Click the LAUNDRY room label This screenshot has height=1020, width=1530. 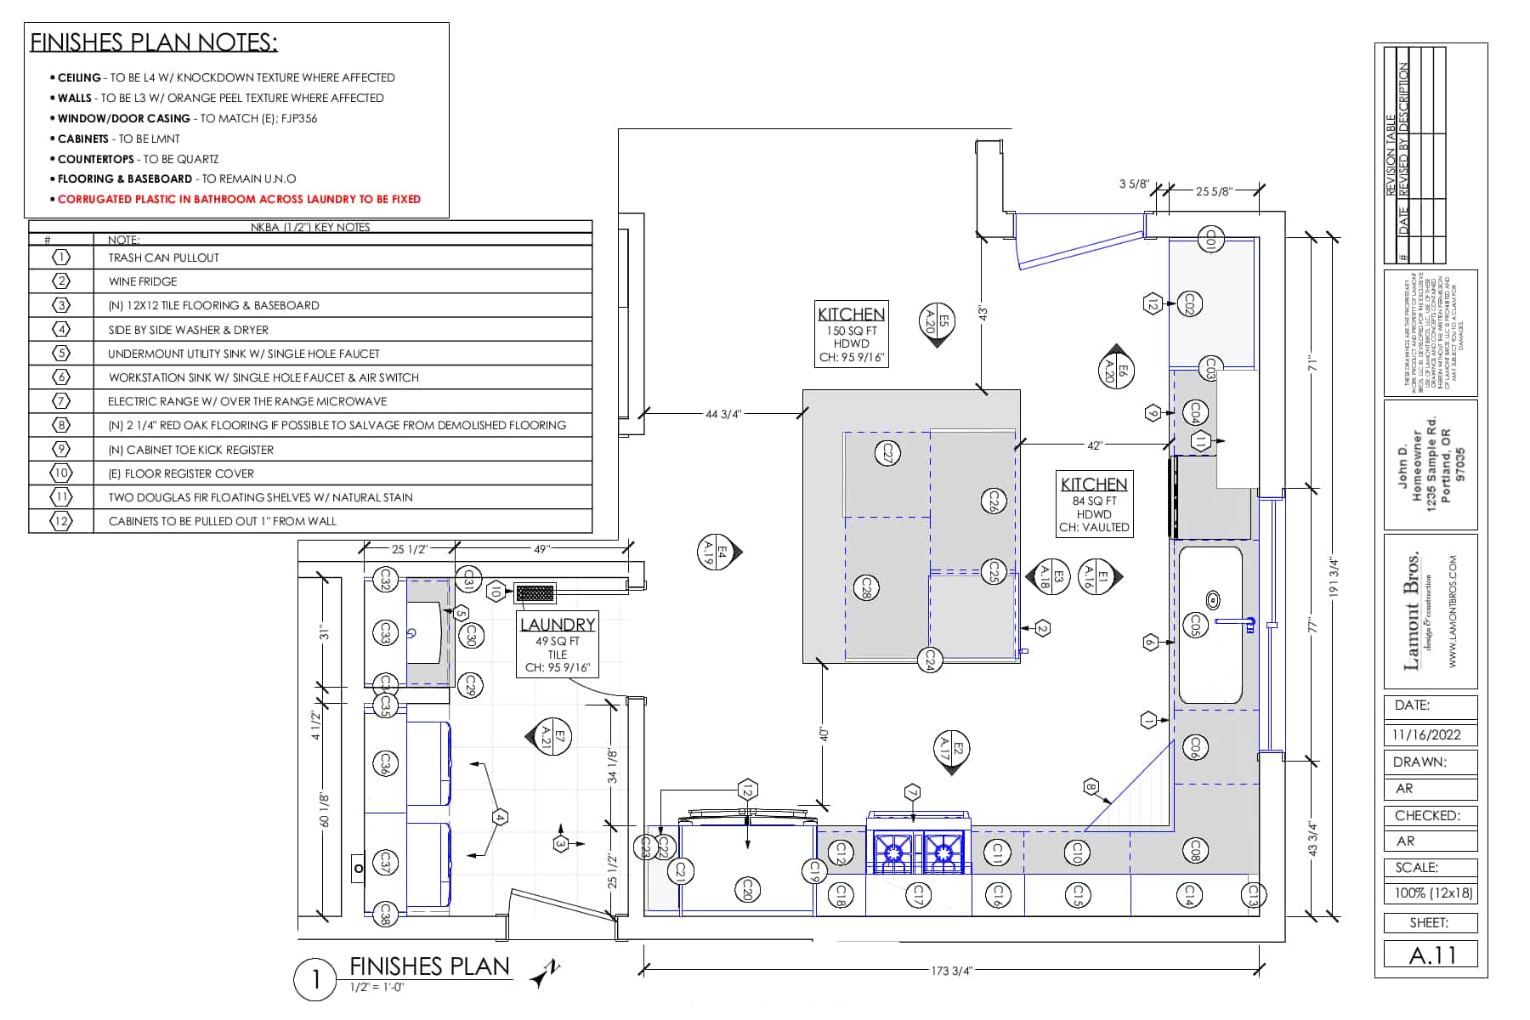pyautogui.click(x=558, y=624)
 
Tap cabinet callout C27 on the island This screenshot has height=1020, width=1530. pyautogui.click(x=887, y=452)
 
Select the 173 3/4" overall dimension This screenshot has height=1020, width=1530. pyautogui.click(x=950, y=971)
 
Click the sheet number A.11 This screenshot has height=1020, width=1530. pyautogui.click(x=1431, y=955)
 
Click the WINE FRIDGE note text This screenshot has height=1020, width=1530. pyautogui.click(x=143, y=281)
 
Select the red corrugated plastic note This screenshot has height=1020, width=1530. pyautogui.click(x=239, y=199)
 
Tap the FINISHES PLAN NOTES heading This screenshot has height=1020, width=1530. pyautogui.click(x=154, y=42)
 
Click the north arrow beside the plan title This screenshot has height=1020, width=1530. pyautogui.click(x=546, y=972)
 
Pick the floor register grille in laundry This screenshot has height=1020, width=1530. pyautogui.click(x=535, y=592)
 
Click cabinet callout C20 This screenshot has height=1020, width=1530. pyautogui.click(x=747, y=890)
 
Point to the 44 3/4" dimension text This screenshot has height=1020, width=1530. pyautogui.click(x=723, y=414)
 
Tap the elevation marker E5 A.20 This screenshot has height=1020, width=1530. pyautogui.click(x=937, y=322)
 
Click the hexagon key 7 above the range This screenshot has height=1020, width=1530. pyautogui.click(x=913, y=791)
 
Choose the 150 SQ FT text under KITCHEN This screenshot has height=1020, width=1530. pyautogui.click(x=851, y=331)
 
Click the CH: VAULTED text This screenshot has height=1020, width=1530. pyautogui.click(x=1094, y=527)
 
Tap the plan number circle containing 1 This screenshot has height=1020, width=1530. pyautogui.click(x=316, y=980)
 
